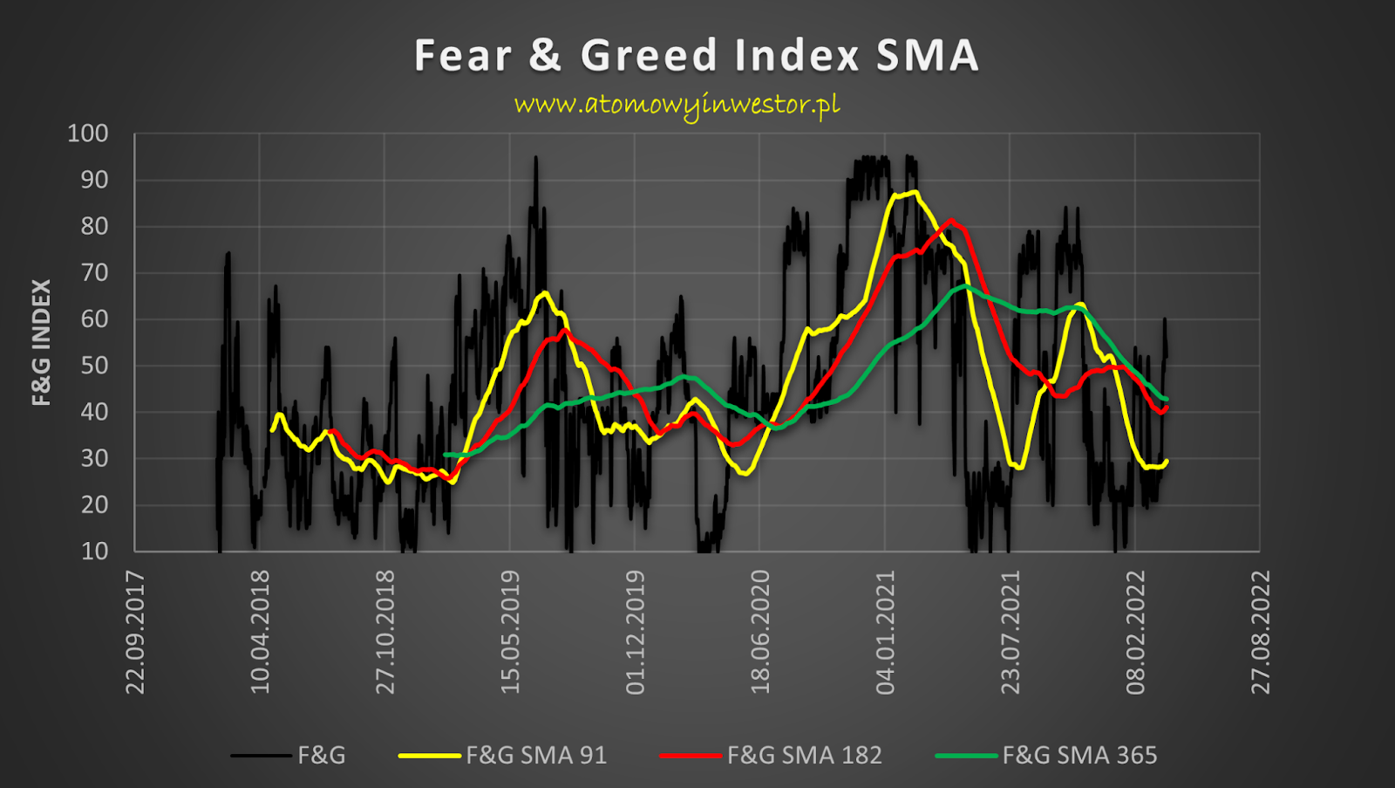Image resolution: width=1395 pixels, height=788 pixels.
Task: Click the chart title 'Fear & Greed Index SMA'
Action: coord(696,56)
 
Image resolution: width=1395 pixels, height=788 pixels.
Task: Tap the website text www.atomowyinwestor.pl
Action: coord(677,105)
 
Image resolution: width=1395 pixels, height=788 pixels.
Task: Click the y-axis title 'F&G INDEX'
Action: coord(41,342)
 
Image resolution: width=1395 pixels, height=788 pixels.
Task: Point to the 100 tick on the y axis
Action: coord(88,134)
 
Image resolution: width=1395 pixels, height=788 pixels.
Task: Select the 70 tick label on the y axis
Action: coord(94,273)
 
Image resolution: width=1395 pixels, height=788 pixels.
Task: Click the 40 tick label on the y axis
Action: coord(94,412)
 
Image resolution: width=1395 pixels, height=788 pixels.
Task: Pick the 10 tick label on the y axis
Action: coord(94,552)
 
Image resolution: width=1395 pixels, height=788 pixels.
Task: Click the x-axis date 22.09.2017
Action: coord(135,632)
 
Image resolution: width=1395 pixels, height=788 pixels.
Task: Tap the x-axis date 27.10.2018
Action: coord(385,632)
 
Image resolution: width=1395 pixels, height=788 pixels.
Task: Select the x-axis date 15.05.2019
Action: coord(510,632)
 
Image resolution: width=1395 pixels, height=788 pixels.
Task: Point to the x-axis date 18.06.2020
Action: coord(760,632)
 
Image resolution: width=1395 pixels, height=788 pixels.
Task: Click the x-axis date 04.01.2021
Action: coord(885,632)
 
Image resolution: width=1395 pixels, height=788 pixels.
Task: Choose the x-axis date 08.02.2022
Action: coord(1135,632)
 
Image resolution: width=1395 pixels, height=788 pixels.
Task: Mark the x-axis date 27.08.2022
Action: coord(1261,632)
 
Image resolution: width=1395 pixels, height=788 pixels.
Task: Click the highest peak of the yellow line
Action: coord(913,192)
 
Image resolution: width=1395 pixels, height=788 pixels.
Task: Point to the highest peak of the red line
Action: coord(951,221)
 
